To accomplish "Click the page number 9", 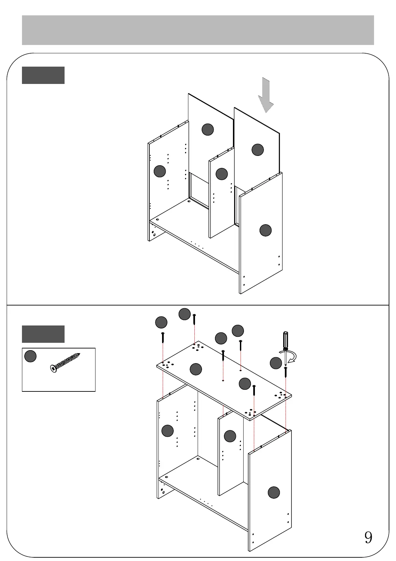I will click(368, 537).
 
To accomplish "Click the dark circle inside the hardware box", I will click(30, 356).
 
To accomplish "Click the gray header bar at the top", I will click(198, 30).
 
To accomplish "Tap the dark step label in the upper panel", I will click(43, 75).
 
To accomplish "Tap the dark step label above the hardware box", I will click(43, 334).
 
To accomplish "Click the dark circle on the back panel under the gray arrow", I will click(258, 150).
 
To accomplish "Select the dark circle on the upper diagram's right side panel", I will click(265, 230).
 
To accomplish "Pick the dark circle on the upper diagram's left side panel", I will click(160, 171).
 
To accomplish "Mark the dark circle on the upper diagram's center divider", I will click(222, 174).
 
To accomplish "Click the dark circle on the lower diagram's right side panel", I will click(274, 492).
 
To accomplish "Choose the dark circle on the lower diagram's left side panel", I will click(167, 431).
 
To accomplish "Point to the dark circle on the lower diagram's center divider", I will click(230, 436).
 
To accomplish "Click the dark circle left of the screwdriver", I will click(276, 363).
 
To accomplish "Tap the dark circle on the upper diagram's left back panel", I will click(208, 129).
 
